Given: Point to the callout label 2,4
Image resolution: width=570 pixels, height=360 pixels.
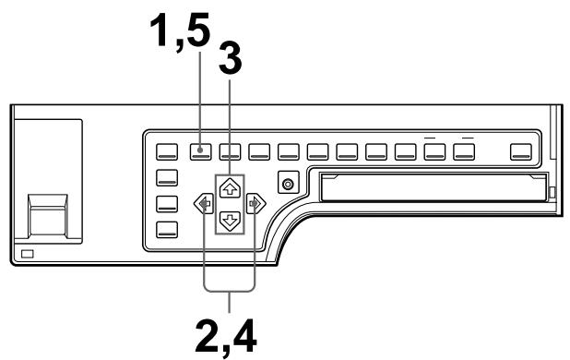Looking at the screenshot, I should tap(228, 334).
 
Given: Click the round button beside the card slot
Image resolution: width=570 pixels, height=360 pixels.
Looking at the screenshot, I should tap(289, 185).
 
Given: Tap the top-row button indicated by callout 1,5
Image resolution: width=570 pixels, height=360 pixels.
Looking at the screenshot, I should tap(202, 150).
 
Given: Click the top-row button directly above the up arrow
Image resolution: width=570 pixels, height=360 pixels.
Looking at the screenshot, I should tap(231, 150).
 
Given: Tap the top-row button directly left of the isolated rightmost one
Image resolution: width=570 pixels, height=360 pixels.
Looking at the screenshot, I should tap(465, 150).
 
